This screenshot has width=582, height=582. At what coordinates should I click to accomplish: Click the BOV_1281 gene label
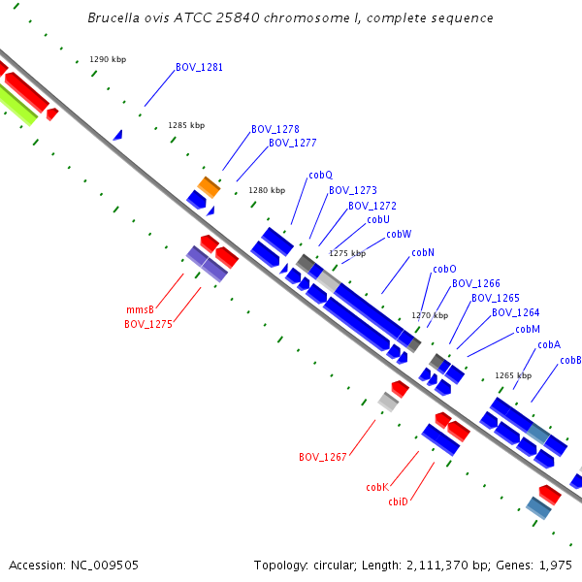point(199,67)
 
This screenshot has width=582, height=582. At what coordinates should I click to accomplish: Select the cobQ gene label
point(321,176)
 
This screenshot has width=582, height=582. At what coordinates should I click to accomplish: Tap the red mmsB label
point(140,309)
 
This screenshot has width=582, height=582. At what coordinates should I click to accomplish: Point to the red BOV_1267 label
point(323,457)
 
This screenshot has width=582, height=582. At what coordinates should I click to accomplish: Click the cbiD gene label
point(398,501)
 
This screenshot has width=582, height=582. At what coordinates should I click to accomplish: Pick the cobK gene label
point(377,487)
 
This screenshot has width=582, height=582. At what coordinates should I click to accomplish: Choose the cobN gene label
point(423,253)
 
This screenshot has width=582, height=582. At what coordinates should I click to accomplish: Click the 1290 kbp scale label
point(108,59)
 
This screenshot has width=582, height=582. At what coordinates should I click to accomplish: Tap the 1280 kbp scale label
point(267,190)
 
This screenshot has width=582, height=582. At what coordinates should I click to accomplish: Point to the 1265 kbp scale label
point(513,375)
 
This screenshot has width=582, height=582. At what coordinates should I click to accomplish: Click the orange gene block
point(209,187)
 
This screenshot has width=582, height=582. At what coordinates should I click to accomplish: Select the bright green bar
point(17,105)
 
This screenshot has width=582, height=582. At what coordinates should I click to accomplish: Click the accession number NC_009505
point(105,566)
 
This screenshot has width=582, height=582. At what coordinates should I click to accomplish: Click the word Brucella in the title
point(113,17)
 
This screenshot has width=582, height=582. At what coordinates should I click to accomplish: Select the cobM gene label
point(528,329)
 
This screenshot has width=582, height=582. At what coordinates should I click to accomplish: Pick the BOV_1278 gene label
point(275,129)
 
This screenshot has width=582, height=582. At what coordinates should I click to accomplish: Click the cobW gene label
point(399,234)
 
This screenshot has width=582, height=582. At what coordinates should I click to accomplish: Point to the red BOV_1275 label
point(148,324)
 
